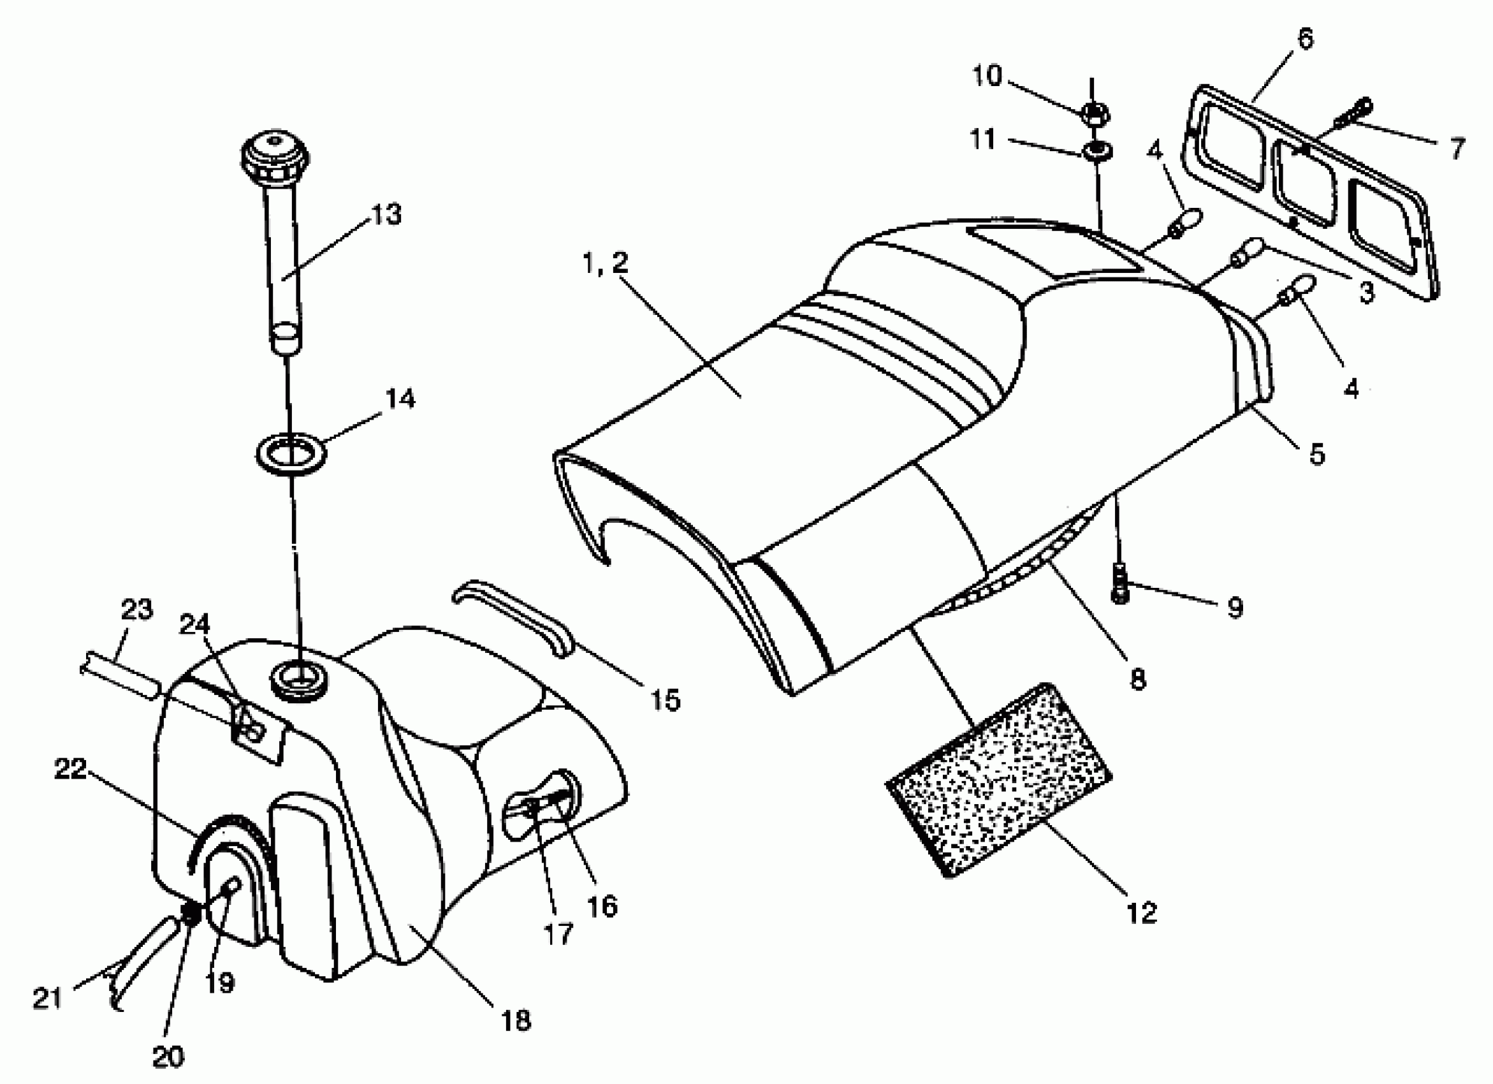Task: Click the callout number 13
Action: click(x=387, y=215)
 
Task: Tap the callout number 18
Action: click(x=515, y=1021)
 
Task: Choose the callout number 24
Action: click(x=194, y=624)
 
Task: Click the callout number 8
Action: click(x=1138, y=679)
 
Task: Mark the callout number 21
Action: click(x=47, y=999)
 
